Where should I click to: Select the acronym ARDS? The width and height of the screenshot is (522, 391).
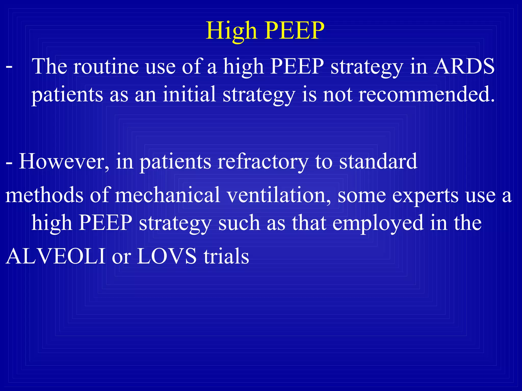point(464,66)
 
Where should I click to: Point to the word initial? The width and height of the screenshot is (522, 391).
point(189,94)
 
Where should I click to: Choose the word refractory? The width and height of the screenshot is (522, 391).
point(263,162)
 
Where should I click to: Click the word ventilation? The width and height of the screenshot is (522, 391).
point(279,195)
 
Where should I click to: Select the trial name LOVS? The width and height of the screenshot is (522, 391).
point(167,256)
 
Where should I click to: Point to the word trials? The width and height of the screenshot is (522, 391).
point(226,256)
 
